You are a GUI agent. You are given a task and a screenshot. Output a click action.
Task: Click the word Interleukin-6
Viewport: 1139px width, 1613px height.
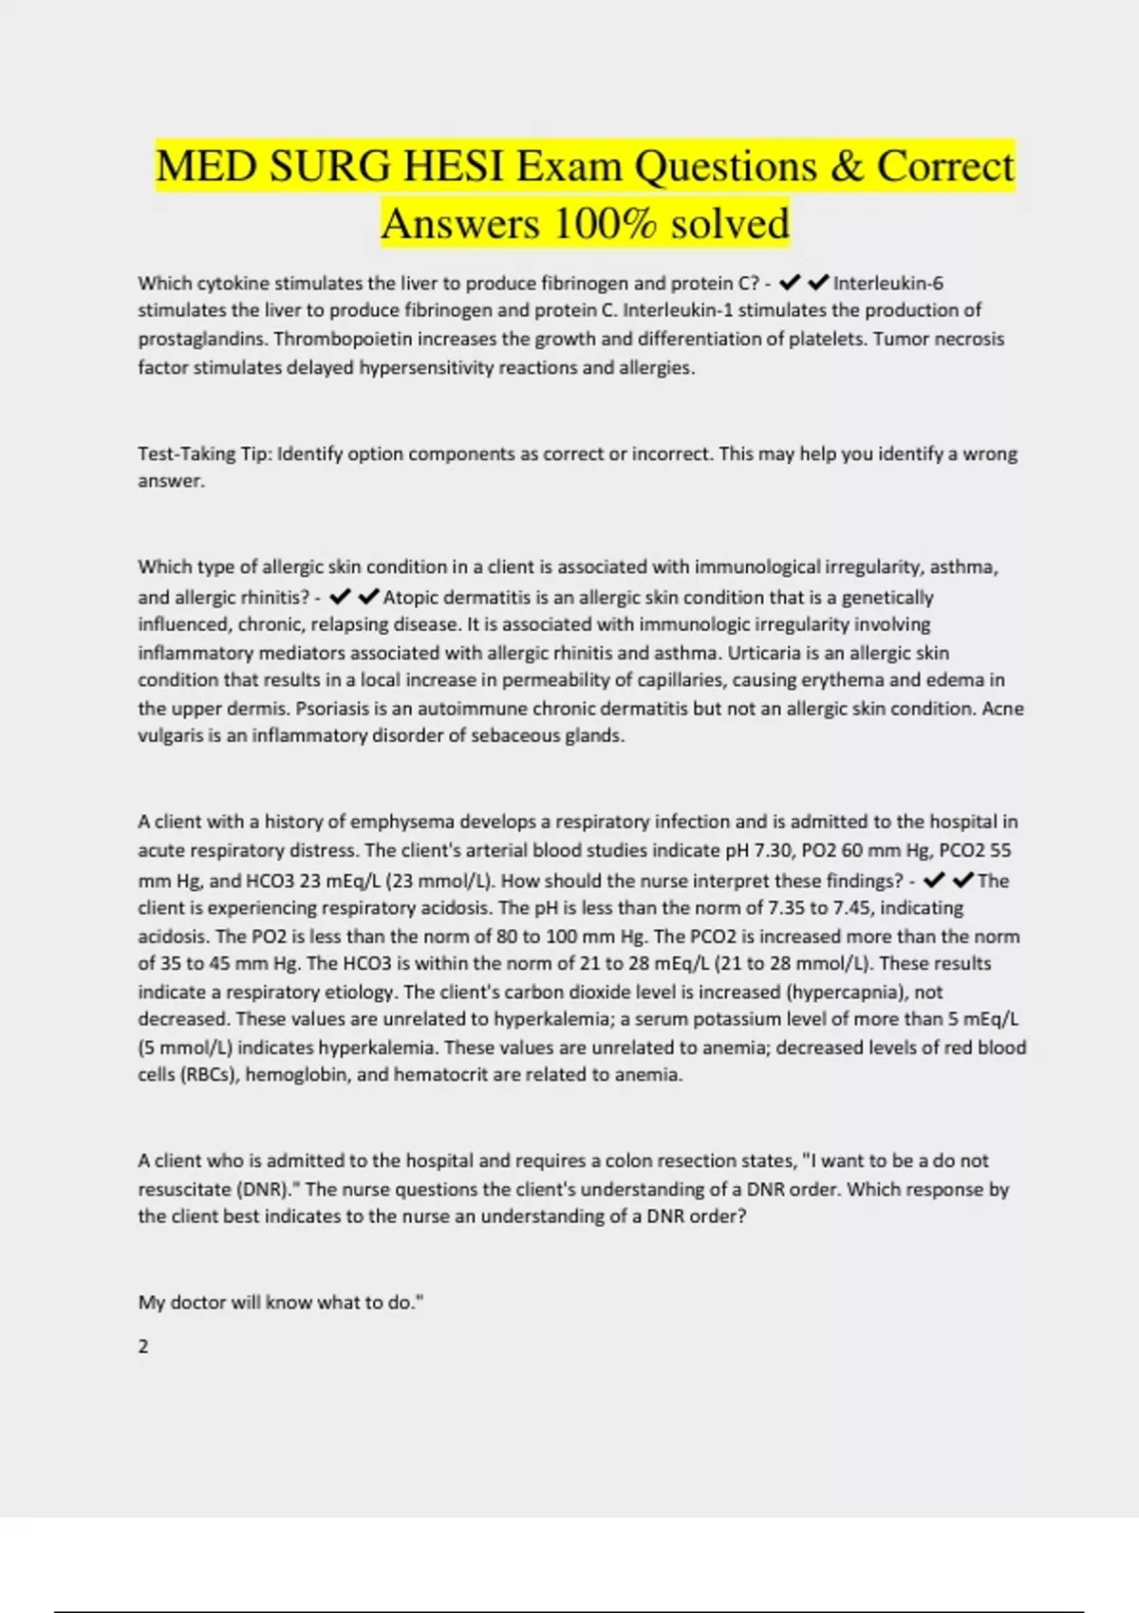point(888,283)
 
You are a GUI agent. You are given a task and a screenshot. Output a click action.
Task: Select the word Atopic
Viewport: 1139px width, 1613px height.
point(411,598)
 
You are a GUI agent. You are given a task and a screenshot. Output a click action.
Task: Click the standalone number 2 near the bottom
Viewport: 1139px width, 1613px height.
point(143,1346)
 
